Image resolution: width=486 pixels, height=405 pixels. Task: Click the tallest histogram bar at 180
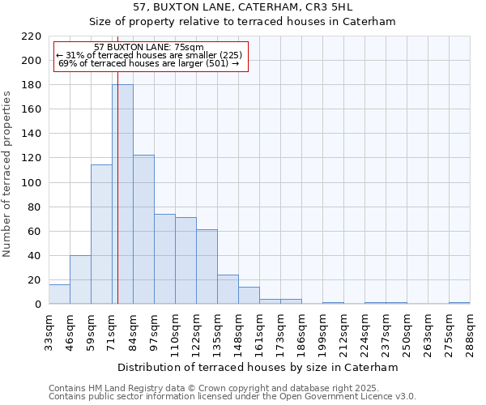click(x=122, y=194)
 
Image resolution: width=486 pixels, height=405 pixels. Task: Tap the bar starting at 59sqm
click(x=101, y=234)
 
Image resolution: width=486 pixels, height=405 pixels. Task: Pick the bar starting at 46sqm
click(x=80, y=279)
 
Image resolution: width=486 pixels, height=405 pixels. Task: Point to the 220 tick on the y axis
click(x=31, y=36)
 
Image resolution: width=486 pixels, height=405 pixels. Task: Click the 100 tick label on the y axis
click(x=31, y=182)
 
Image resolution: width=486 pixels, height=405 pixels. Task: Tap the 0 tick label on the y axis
click(x=37, y=305)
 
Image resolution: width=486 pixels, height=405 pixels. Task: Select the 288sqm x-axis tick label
click(x=470, y=331)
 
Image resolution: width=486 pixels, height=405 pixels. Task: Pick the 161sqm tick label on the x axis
click(x=259, y=331)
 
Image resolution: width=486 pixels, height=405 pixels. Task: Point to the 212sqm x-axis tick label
click(x=343, y=331)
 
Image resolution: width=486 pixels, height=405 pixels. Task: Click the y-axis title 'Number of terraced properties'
click(x=7, y=174)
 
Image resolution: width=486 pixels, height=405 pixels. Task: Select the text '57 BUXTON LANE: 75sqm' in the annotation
click(x=149, y=48)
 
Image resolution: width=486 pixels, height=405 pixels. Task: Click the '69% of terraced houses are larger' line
click(x=149, y=63)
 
